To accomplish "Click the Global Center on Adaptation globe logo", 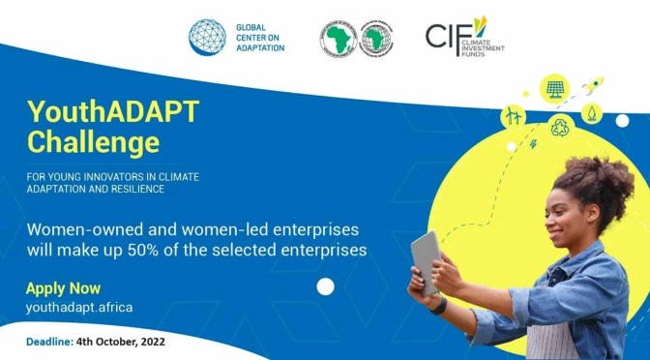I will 207,36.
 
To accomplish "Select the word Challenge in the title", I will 93,144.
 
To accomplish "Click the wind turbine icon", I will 512,117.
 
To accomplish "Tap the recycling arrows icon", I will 559,127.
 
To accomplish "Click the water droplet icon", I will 591,113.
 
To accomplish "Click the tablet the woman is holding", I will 426,262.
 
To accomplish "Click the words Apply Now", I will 63,288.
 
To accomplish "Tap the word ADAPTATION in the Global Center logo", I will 263,47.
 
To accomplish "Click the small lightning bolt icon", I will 534,145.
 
